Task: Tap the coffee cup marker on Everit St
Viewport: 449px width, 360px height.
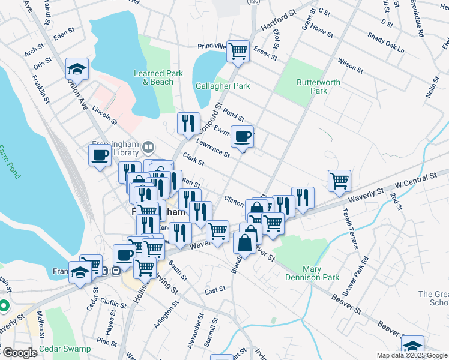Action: point(243,136)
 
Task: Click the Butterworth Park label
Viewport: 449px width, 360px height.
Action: point(318,86)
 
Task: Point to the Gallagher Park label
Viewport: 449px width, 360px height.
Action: point(223,86)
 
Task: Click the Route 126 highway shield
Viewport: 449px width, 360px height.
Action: point(255,3)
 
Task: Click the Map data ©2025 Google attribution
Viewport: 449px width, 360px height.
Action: point(411,355)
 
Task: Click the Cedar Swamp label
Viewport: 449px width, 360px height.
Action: point(65,349)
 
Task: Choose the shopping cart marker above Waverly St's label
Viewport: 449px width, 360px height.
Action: point(339,180)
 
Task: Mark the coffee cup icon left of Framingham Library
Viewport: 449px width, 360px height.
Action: point(100,155)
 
